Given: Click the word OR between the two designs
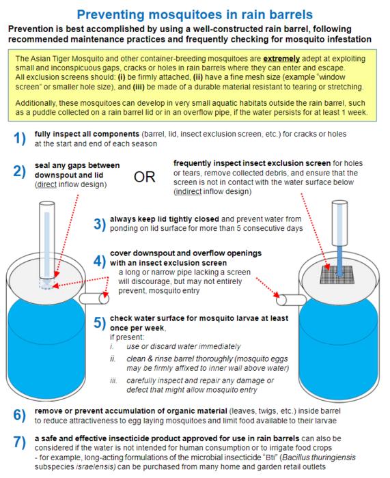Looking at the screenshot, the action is point(145,177).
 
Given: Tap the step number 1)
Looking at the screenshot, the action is point(20,139).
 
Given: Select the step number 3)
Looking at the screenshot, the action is point(100,224).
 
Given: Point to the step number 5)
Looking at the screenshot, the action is point(100,322).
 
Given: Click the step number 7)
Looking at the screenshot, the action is point(20,442).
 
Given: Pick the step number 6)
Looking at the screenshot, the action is point(20,415).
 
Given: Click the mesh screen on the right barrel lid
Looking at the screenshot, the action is point(337,275).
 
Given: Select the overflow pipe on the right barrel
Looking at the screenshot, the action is point(291,300).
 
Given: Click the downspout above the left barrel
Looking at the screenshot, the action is point(47,241).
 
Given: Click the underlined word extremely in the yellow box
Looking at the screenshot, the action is point(281,59).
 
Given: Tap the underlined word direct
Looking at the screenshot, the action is point(46,184).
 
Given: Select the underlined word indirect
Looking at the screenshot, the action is point(189,191).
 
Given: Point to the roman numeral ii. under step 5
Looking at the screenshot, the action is point(113,358).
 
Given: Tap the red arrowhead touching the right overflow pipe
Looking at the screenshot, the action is point(277,294).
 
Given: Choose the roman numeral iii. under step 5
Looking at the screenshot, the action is point(113,380).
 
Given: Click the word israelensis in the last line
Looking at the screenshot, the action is point(96,466).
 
